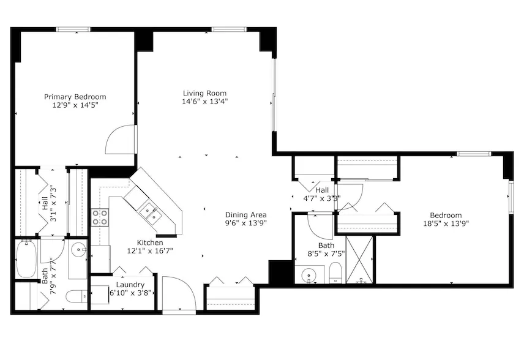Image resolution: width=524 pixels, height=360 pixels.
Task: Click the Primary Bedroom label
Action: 75,97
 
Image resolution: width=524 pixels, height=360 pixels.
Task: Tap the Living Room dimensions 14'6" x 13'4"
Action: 205,101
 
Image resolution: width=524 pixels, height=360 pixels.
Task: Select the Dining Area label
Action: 245,215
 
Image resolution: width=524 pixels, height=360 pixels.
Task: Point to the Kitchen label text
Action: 150,242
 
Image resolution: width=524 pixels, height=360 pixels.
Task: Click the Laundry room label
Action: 130,285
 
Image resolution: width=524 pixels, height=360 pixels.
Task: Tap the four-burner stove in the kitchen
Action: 100,217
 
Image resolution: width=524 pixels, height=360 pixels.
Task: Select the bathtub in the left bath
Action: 26,258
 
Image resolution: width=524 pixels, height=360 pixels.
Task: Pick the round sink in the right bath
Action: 308,276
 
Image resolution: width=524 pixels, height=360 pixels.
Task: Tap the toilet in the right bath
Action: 335,272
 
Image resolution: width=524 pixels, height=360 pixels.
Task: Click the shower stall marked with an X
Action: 359,260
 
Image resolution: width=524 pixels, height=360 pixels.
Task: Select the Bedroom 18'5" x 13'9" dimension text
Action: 446,223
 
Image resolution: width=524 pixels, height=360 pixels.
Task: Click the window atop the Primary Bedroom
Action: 73,29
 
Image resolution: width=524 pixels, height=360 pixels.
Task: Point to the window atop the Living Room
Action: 229,29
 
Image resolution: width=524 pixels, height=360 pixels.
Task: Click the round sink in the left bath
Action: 79,249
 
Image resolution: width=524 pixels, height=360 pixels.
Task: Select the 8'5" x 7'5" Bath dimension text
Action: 326,253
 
